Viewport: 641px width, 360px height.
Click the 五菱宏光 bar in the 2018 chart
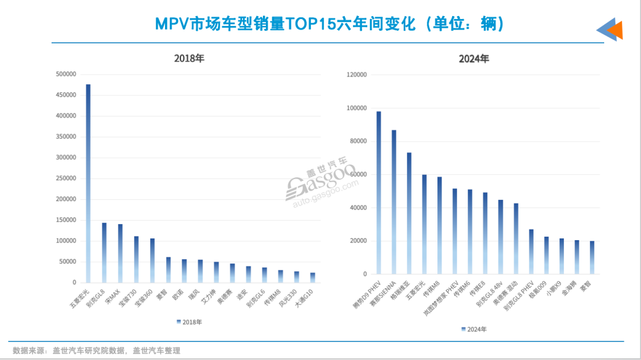pyautogui.click(x=88, y=183)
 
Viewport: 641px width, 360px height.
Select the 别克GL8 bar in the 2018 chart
pyautogui.click(x=104, y=253)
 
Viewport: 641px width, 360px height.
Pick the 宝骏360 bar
pyautogui.click(x=152, y=260)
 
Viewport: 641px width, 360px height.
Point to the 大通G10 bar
pyautogui.click(x=312, y=278)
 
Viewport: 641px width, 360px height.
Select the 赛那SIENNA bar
pyautogui.click(x=394, y=202)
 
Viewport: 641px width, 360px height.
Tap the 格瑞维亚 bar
pyautogui.click(x=409, y=214)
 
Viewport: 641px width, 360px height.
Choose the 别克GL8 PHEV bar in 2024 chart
pyautogui.click(x=531, y=251)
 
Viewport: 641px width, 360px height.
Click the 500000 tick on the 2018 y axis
pyautogui.click(x=66, y=74)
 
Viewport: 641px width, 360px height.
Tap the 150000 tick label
pyautogui.click(x=66, y=220)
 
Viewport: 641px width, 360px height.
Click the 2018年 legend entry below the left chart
pyautogui.click(x=189, y=322)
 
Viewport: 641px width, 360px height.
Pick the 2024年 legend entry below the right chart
pyautogui.click(x=475, y=329)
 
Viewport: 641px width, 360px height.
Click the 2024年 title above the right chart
pyautogui.click(x=474, y=59)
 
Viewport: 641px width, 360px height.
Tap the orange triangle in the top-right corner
pyautogui.click(x=616, y=30)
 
